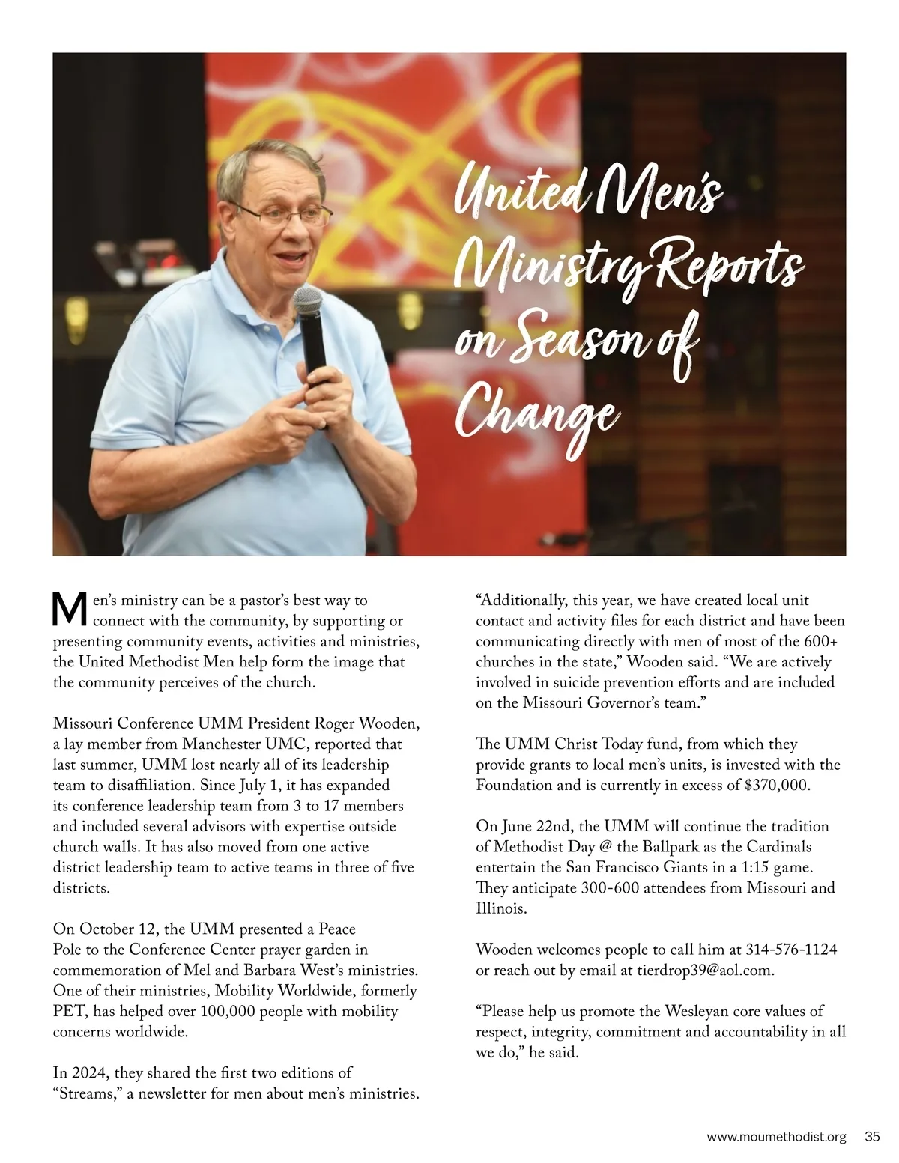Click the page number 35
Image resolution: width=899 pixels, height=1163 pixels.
click(872, 1137)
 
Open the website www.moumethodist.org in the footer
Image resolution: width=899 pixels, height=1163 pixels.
click(776, 1137)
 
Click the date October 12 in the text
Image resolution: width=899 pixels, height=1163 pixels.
click(112, 929)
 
